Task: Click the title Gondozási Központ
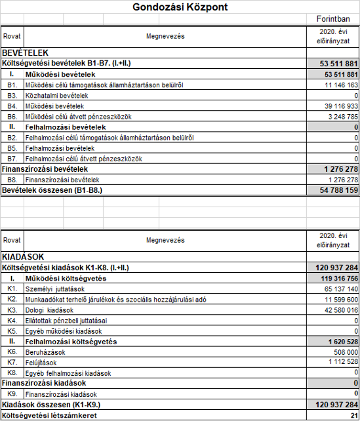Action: (x=180, y=8)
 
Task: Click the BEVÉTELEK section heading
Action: (x=26, y=52)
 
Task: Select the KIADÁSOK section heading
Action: (x=24, y=257)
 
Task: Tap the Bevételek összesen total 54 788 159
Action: (x=334, y=190)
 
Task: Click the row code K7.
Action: (x=11, y=363)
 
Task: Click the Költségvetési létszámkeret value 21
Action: (x=353, y=416)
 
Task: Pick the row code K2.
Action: (x=11, y=300)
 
